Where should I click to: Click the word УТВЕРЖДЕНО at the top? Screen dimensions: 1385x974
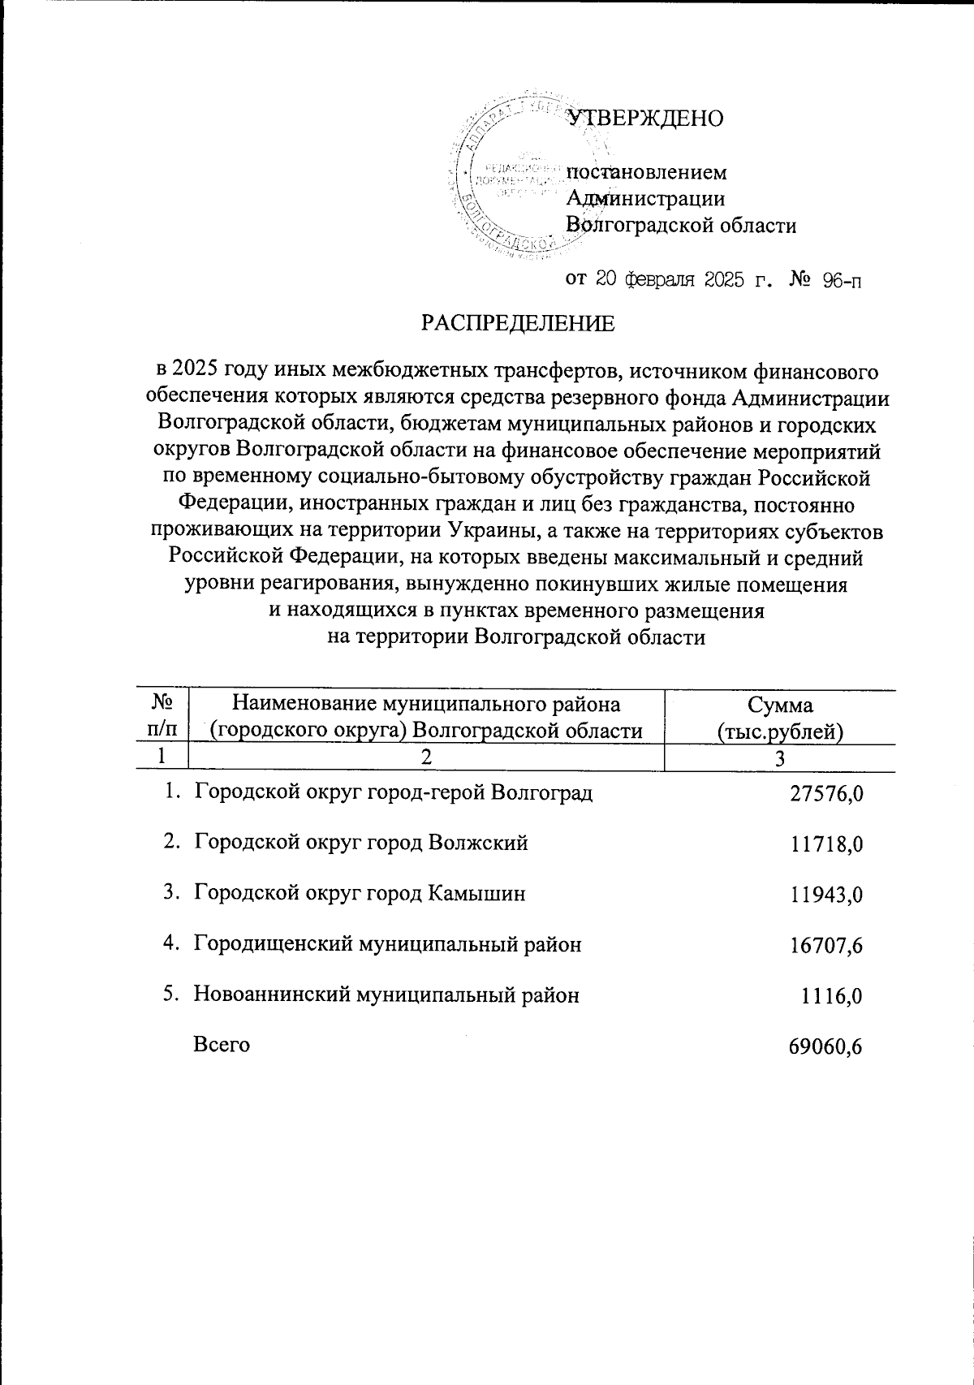click(x=645, y=119)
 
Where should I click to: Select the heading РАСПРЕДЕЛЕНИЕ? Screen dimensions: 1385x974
click(x=517, y=324)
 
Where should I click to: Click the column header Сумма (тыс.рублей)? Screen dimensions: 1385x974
click(x=780, y=718)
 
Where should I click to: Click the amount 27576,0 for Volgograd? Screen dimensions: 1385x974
click(x=825, y=794)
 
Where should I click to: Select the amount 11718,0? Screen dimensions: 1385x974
click(x=825, y=844)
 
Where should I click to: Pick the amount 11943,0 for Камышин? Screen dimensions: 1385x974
click(x=825, y=895)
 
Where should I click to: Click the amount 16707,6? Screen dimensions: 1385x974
click(x=825, y=945)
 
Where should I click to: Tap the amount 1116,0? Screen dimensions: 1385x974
click(x=831, y=996)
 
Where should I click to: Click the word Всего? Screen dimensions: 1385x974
click(x=221, y=1045)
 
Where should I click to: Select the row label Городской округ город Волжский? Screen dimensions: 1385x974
click(x=360, y=844)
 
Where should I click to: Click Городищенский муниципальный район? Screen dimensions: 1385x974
click(x=387, y=944)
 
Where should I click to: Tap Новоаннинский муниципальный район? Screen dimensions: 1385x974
click(x=386, y=995)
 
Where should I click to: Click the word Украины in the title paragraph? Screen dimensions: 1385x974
click(x=486, y=532)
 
